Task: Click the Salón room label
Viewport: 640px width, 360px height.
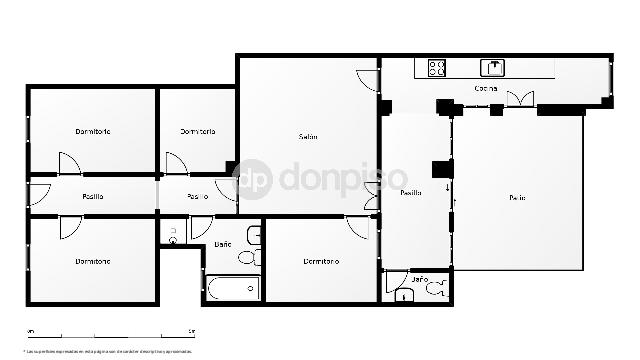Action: point(308,137)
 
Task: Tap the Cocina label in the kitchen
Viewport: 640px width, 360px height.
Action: point(486,89)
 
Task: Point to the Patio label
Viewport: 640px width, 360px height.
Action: point(516,197)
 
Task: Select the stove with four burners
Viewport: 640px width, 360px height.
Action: point(437,68)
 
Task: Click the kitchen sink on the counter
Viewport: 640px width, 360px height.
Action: point(494,68)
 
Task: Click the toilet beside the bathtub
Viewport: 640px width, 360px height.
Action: point(248,258)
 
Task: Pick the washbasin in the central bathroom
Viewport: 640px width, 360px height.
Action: point(254,236)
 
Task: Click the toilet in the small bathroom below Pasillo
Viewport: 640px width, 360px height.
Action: point(434,289)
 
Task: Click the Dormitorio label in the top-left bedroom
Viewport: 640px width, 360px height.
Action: point(92,132)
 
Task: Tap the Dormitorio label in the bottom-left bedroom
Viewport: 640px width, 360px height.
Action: point(92,262)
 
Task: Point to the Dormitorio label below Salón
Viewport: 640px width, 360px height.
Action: point(321,262)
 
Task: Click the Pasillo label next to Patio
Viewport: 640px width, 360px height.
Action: point(410,193)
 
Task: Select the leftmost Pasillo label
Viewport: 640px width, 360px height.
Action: point(93,196)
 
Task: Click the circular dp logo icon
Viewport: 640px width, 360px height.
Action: point(253,179)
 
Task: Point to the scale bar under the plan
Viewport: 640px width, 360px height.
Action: point(110,333)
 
